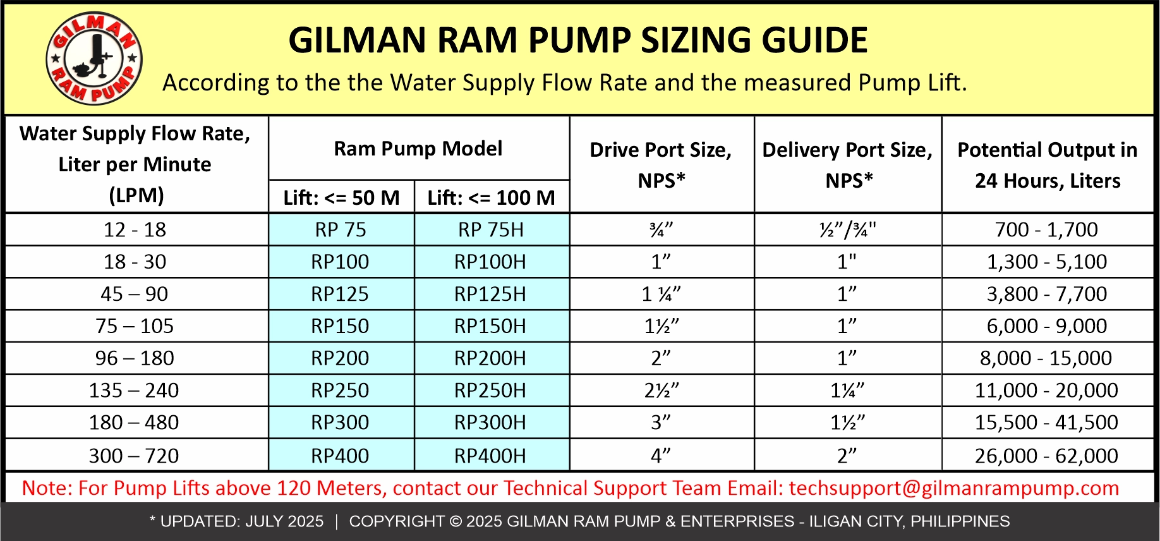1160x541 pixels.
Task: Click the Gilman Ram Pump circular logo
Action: tap(94, 59)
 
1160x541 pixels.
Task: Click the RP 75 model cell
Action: tap(341, 229)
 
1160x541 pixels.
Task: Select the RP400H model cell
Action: tap(490, 456)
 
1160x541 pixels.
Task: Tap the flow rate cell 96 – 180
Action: tap(135, 358)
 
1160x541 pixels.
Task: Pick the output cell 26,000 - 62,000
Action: tap(1046, 456)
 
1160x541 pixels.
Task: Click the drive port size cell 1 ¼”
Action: tap(661, 294)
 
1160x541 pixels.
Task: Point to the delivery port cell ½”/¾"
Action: tap(847, 229)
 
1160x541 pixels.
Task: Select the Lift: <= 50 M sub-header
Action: tap(341, 198)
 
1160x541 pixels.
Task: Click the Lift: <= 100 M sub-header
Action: tap(491, 198)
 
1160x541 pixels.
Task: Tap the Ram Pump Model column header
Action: tap(418, 149)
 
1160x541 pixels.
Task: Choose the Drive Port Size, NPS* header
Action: tap(661, 164)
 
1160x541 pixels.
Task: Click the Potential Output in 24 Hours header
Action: tap(1047, 164)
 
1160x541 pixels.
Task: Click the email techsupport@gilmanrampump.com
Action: tap(954, 488)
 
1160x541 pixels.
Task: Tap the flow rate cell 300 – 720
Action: tap(134, 456)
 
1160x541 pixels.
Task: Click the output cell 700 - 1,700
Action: tap(1046, 229)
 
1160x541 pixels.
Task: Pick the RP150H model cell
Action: tap(490, 326)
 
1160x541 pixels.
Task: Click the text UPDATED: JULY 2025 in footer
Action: tap(241, 521)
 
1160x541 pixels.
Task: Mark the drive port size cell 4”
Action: tap(661, 456)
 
